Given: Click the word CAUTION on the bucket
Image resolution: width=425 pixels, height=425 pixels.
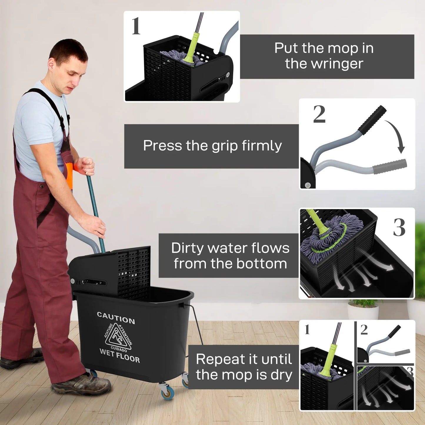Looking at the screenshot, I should click(x=116, y=318).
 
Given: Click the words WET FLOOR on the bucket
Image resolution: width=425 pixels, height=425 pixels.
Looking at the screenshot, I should click(x=120, y=355).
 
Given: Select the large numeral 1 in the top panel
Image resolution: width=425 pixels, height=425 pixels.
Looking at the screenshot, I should click(x=136, y=26).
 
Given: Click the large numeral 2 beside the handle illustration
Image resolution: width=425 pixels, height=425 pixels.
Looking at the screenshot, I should click(x=319, y=114).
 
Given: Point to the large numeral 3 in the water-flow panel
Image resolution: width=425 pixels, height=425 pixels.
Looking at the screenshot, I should click(x=399, y=228).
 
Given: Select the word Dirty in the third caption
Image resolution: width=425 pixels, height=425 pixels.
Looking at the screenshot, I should click(x=187, y=248).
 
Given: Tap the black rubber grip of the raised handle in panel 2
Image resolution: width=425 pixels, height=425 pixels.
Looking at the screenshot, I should click(x=372, y=120).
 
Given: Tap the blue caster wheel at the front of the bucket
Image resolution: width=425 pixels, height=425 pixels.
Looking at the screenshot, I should click(x=167, y=391).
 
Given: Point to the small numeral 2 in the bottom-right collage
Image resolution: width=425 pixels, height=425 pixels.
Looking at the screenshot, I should click(x=364, y=330).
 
